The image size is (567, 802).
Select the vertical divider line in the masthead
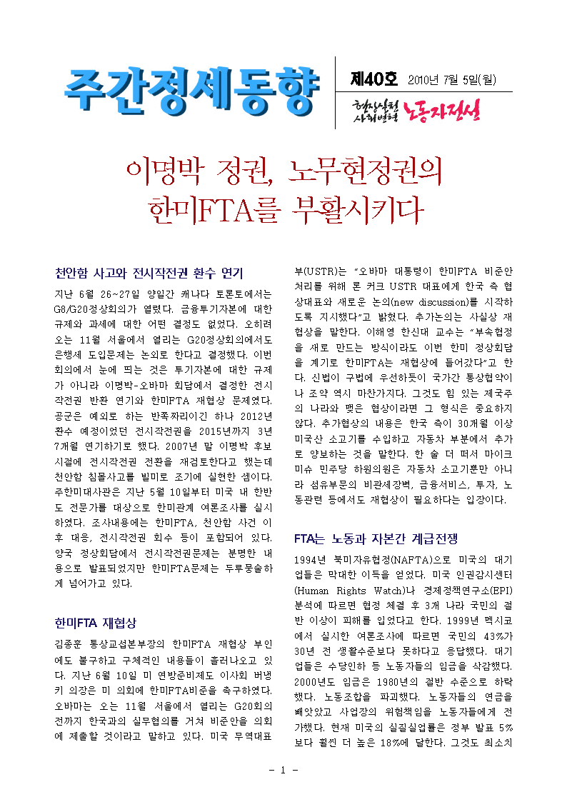336,94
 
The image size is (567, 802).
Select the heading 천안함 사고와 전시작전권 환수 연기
149,274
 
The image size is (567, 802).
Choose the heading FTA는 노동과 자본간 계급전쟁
376,538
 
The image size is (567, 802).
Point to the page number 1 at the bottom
283,770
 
